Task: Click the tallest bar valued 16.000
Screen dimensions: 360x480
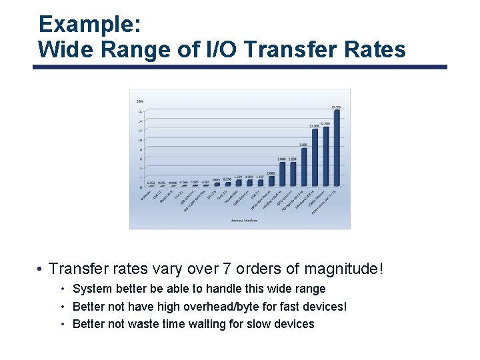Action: [337, 149]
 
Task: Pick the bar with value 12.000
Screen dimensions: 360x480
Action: [315, 159]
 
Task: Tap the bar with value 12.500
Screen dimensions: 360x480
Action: [325, 157]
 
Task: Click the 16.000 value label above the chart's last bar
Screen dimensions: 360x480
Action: [337, 107]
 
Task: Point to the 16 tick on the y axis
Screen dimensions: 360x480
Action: [140, 112]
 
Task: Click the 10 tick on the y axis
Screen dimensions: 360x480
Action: [140, 141]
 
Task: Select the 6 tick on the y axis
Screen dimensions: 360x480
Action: [140, 159]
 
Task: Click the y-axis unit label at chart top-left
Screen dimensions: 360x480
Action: [140, 101]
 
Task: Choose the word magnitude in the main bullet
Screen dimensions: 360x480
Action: [340, 269]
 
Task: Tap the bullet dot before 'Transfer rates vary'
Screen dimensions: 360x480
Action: [41, 269]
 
